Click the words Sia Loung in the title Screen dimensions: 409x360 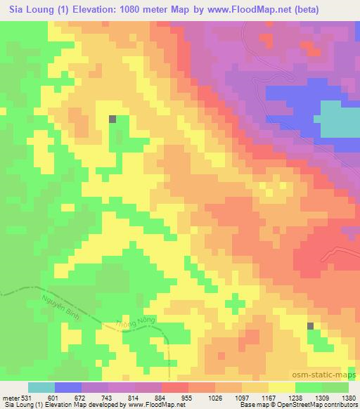click(28, 9)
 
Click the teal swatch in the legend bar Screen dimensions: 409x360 click(41, 387)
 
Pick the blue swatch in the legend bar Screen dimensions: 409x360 click(68, 387)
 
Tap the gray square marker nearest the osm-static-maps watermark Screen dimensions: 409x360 click(311, 325)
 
